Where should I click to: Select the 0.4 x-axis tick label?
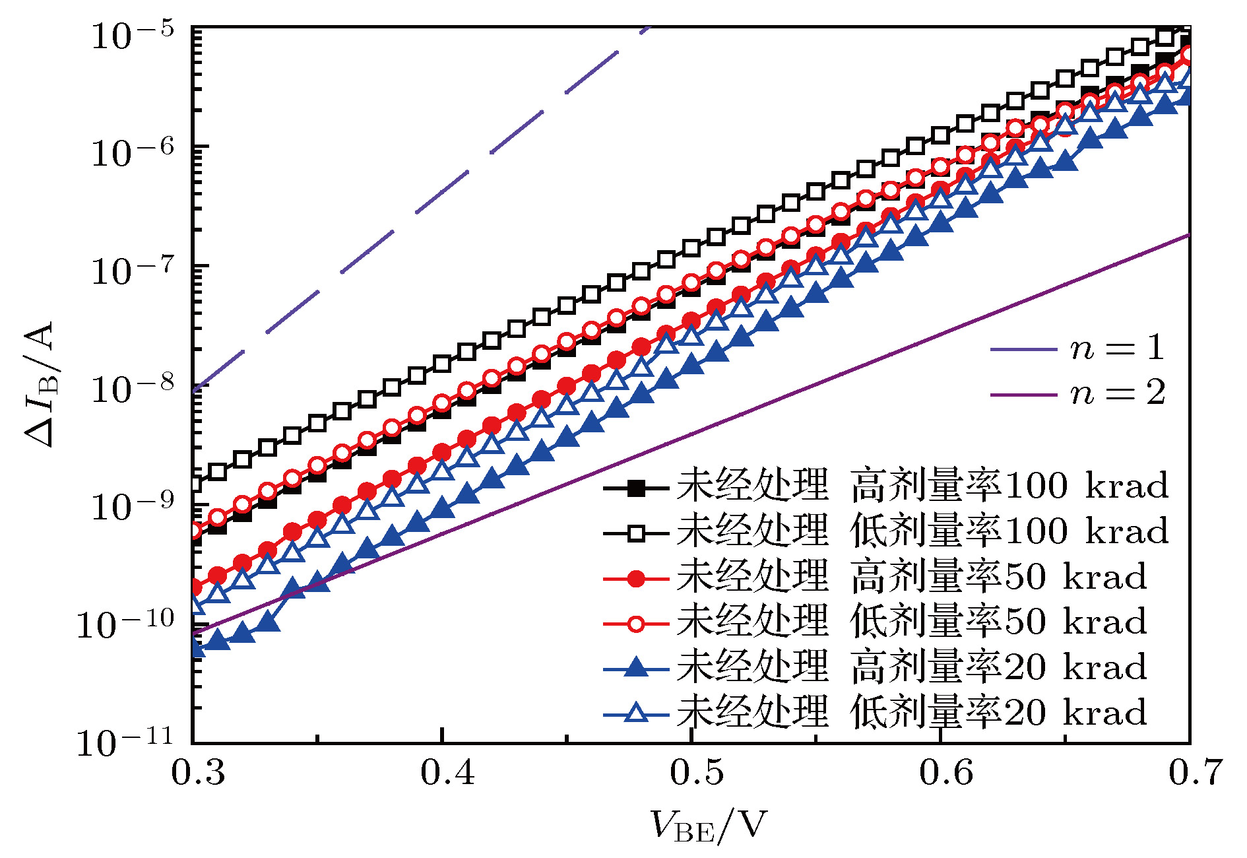(447, 773)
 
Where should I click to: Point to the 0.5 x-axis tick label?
(697, 773)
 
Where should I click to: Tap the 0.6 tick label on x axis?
(946, 773)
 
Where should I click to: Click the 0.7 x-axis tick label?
(1195, 773)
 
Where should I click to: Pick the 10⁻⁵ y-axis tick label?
(132, 34)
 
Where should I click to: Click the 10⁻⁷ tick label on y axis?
(132, 271)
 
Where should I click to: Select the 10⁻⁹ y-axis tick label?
(132, 507)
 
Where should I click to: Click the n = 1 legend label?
(1117, 348)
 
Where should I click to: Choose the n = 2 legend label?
(1117, 393)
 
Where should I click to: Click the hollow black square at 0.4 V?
(442, 364)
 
